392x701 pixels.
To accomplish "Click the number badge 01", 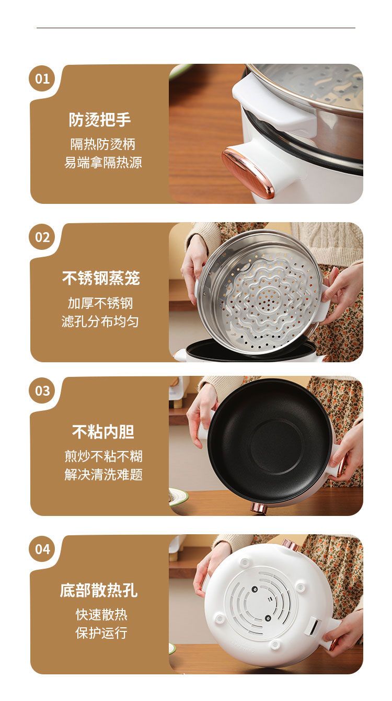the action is [x=42, y=78].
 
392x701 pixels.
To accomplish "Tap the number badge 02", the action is [x=42, y=237].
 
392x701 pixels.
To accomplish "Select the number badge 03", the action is [x=42, y=390].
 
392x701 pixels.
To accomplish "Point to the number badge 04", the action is [x=42, y=549].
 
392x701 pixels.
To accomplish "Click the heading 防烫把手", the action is [x=100, y=120].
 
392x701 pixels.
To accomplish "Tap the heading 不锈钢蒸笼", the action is [x=101, y=278].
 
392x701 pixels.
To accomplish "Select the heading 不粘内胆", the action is [x=103, y=432].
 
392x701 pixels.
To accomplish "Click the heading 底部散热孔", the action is [x=99, y=590].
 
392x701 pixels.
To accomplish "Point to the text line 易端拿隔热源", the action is [x=103, y=163].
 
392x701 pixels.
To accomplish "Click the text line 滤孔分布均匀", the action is [x=100, y=321].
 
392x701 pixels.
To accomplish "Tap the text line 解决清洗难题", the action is [x=103, y=475].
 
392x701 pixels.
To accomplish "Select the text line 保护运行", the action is [x=101, y=633].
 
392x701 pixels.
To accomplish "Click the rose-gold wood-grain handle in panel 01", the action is [x=247, y=173].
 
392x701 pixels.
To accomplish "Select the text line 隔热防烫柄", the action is [x=102, y=144].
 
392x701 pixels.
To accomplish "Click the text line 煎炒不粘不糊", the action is [x=103, y=456].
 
